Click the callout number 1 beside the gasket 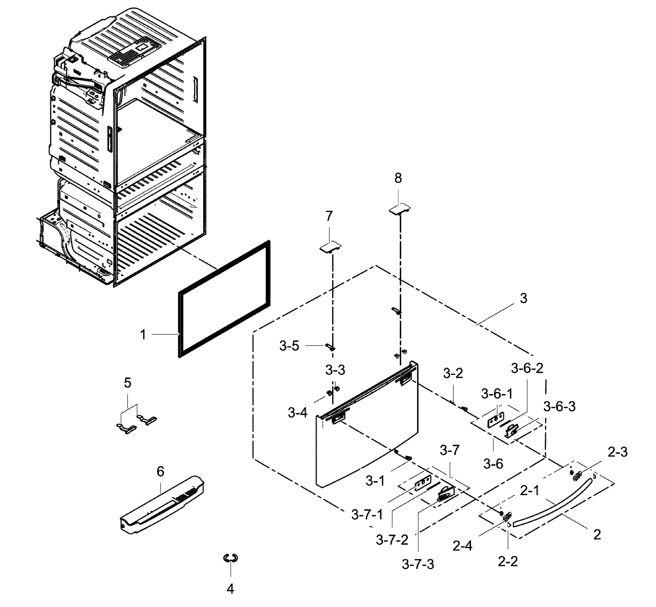tap(143, 335)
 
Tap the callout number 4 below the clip tap(230, 589)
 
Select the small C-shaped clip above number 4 tap(230, 558)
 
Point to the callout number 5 tap(128, 383)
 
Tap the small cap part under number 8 tap(400, 209)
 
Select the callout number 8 tap(398, 178)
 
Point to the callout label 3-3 tap(335, 370)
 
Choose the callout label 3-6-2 tap(527, 368)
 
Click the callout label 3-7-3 tap(418, 565)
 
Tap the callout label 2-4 tap(462, 546)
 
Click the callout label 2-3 tap(617, 452)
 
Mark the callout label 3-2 tap(453, 373)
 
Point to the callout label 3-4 tap(298, 413)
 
